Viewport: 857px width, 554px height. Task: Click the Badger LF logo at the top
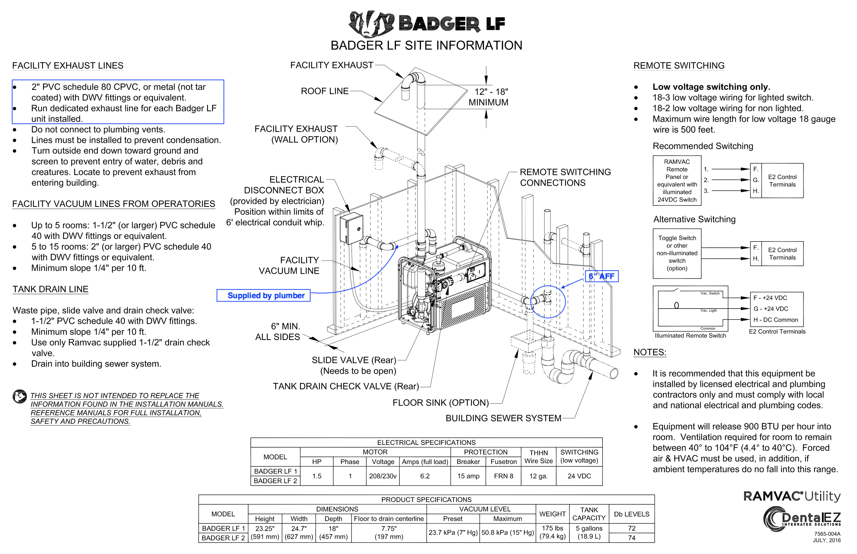[426, 24]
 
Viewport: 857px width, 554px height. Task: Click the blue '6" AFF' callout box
[601, 276]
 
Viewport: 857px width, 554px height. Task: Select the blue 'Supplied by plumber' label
[263, 295]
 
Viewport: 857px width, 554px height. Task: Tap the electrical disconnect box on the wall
[351, 228]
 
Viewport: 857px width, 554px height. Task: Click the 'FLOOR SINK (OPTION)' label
[440, 403]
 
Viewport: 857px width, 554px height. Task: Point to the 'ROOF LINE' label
[325, 91]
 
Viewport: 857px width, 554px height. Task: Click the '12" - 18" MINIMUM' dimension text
[488, 97]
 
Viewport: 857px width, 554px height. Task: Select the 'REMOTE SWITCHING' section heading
[679, 65]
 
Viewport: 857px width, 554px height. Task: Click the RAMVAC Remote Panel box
[677, 181]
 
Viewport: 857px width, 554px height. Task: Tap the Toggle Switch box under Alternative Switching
[677, 253]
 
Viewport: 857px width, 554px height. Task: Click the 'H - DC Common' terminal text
[775, 320]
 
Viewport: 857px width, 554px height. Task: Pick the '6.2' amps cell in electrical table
[425, 476]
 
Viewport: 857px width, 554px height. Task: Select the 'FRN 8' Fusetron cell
[503, 476]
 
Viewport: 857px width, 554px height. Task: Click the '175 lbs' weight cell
[552, 528]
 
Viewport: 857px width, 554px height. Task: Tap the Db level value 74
[631, 538]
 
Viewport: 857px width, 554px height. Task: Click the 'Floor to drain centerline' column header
[388, 519]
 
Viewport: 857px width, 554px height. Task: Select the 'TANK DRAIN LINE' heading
[50, 289]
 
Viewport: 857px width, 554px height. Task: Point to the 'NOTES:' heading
[649, 352]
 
